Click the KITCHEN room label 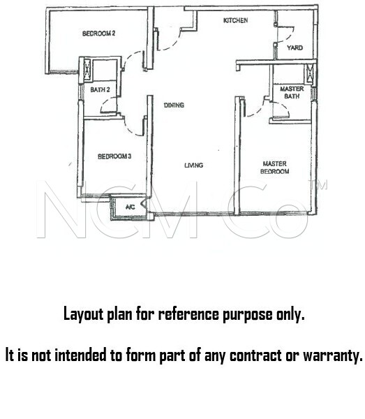click(235, 20)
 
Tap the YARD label click(295, 47)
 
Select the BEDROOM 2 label click(99, 34)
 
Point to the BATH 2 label click(100, 90)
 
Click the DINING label click(174, 105)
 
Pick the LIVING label click(193, 166)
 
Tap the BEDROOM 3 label click(114, 156)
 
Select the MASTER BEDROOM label click(275, 168)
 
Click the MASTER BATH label click(292, 92)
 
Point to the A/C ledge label click(131, 207)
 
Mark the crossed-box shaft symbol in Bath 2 click(87, 70)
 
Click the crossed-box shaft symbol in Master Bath click(310, 73)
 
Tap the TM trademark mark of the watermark click(318, 184)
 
